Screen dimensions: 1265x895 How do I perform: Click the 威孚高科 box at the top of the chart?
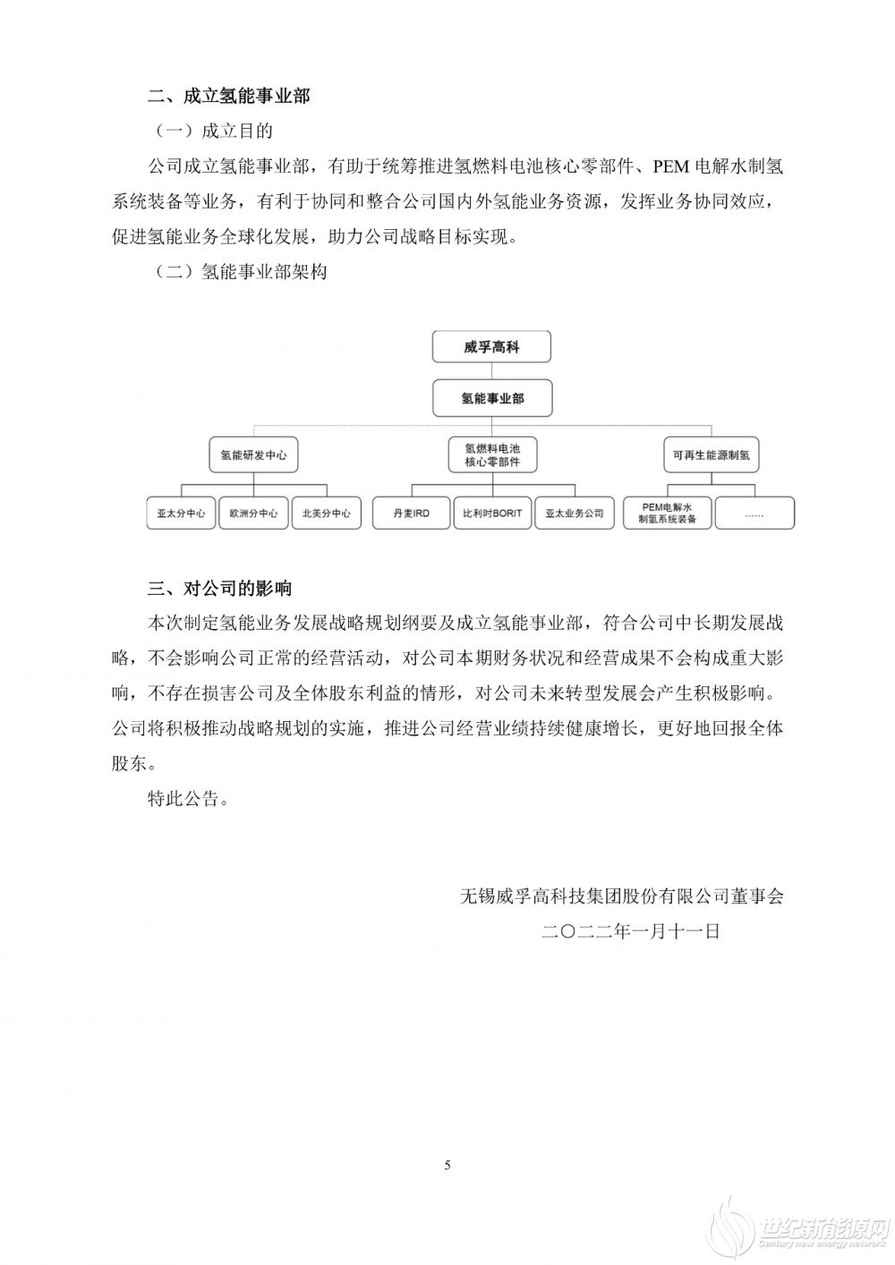[x=491, y=347]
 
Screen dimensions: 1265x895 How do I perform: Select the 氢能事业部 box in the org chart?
[x=491, y=398]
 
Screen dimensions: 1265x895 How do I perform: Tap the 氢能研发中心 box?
[x=253, y=454]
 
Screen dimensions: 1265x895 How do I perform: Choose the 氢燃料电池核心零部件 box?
[x=491, y=454]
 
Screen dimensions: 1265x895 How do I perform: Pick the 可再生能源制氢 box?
[x=712, y=454]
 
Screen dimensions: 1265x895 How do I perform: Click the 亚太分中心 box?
[x=181, y=514]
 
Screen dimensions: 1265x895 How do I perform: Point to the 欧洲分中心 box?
[x=253, y=514]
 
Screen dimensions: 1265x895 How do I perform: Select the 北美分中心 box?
[x=326, y=514]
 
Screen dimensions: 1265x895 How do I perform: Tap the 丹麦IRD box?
[x=411, y=514]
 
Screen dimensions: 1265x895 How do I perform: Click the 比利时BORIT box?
[x=491, y=514]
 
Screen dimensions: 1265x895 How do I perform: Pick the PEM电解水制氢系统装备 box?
[x=668, y=514]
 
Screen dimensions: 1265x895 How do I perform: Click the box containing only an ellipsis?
[x=754, y=514]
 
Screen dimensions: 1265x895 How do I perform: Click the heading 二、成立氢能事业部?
[x=228, y=95]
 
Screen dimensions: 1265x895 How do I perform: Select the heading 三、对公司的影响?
[x=219, y=589]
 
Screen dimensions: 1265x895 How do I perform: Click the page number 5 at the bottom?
[x=447, y=1165]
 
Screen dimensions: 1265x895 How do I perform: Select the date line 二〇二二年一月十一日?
[x=631, y=931]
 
